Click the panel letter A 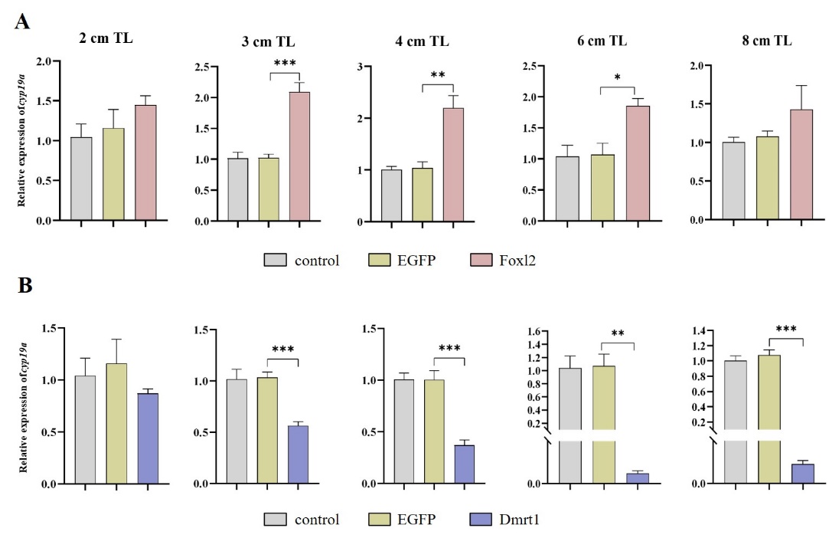coord(23,21)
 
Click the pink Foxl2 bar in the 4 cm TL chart coord(452,165)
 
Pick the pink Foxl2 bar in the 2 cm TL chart coord(145,162)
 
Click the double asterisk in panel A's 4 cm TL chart coord(437,76)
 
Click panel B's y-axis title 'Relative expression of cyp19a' coord(24,406)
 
